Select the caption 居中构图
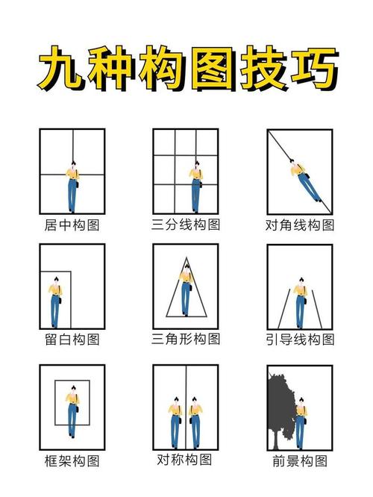(x=72, y=224)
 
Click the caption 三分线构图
(x=186, y=223)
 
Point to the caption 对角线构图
(x=300, y=224)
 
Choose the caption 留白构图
(x=72, y=339)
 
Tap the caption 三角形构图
(x=186, y=339)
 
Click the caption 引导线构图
(x=300, y=339)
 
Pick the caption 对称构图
(x=186, y=459)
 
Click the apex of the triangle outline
(x=185, y=257)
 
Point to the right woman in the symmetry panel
(x=195, y=421)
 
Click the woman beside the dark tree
(x=301, y=422)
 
